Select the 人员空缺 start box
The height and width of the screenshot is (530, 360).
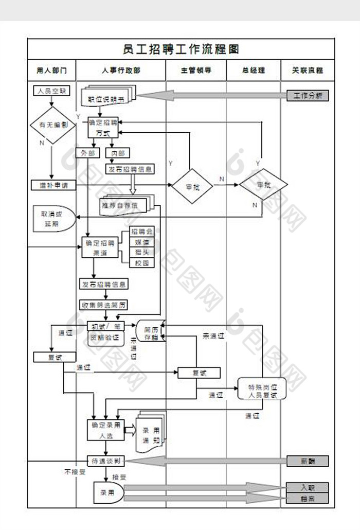pos(51,91)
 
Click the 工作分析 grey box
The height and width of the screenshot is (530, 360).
pos(308,96)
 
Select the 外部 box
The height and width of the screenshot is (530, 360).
pos(88,153)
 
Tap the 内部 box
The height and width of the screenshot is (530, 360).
pos(117,153)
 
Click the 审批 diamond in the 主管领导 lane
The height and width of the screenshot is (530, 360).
pos(192,186)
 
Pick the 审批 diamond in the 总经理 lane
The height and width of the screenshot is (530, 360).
pos(263,184)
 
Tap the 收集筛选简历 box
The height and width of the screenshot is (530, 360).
pos(104,305)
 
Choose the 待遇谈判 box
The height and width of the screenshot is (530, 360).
pos(106,461)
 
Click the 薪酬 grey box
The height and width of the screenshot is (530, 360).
pos(308,461)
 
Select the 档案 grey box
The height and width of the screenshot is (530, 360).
pos(308,498)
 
